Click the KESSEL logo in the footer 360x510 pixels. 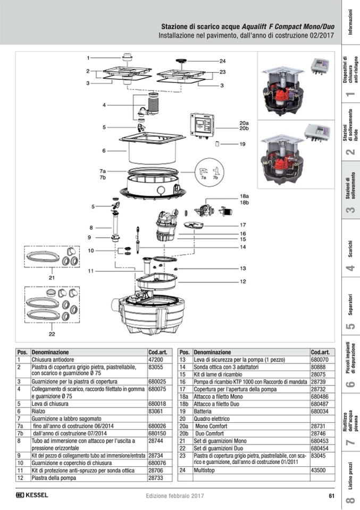coord(32,495)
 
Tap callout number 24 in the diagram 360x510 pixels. coord(222,61)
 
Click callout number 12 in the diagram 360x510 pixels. coord(242,281)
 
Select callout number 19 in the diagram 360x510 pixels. coord(242,144)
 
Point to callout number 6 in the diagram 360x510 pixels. coord(104,151)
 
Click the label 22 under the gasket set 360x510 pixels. coord(52,334)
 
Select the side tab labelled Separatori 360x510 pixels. coord(349,312)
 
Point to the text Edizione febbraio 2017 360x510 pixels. coord(174,496)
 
